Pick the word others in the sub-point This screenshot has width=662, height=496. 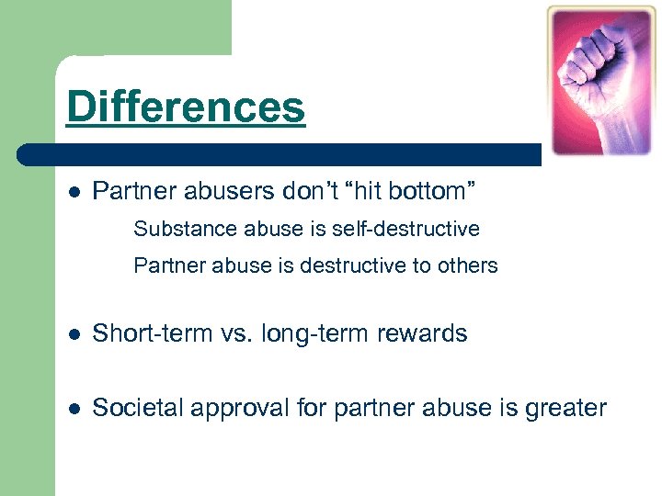(x=467, y=266)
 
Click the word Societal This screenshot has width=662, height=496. (x=132, y=407)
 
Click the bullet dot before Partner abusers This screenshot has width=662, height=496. (x=74, y=193)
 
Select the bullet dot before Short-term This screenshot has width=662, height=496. (x=74, y=334)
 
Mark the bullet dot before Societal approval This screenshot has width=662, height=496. (x=74, y=408)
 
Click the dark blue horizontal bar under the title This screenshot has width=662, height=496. (x=276, y=153)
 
